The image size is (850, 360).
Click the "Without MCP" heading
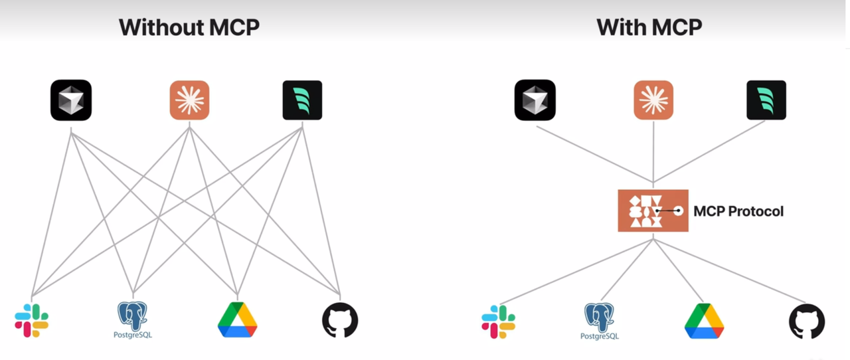point(189,27)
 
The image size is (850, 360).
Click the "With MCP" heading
point(649,27)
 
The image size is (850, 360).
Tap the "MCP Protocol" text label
point(738,211)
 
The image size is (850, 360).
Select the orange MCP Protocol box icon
point(653,211)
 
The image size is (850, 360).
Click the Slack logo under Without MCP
point(31,320)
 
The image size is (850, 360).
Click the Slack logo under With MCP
point(498,321)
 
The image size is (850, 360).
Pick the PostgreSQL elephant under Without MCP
point(132,319)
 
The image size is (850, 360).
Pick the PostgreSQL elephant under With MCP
point(599,321)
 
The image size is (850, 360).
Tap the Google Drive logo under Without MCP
point(238,319)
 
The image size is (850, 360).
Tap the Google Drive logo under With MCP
point(705,321)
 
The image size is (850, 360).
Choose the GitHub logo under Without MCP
point(340,319)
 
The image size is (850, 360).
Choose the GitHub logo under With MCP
point(807,321)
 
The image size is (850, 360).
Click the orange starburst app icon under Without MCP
point(189,100)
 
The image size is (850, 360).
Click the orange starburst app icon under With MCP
point(653,100)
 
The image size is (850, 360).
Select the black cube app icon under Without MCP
point(71,100)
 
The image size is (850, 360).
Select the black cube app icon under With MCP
point(535,100)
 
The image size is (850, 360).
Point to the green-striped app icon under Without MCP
point(302,100)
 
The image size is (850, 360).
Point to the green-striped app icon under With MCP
point(766,100)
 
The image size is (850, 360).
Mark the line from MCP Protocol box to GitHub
point(729,271)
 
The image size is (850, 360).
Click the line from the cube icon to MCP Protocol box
point(594,154)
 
